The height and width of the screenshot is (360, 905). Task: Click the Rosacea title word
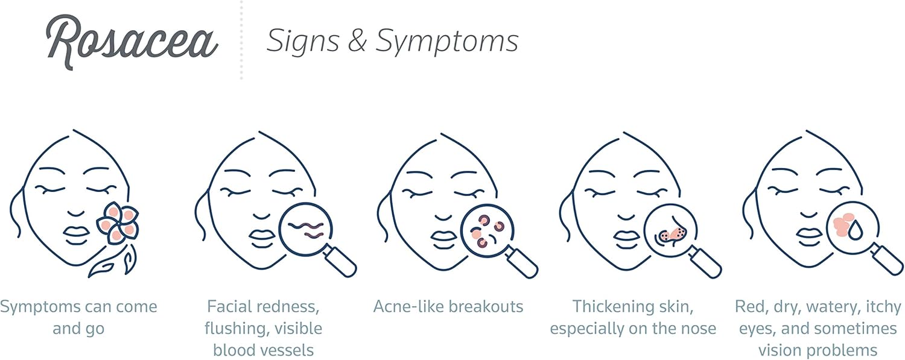coord(132,42)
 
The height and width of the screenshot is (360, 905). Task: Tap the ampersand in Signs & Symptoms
coord(357,41)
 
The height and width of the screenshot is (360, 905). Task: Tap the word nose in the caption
coord(699,329)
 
